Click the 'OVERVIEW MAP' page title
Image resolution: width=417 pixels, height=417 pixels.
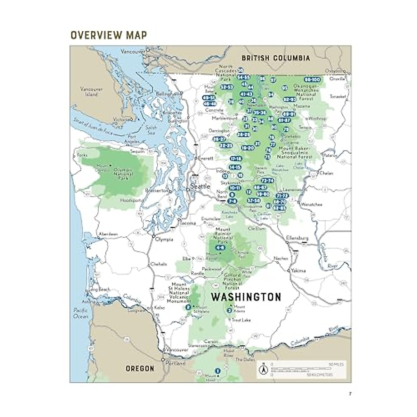pyautogui.click(x=108, y=35)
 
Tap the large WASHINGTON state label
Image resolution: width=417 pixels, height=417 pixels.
pyautogui.click(x=246, y=297)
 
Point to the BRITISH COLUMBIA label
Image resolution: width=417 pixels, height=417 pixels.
pyautogui.click(x=276, y=58)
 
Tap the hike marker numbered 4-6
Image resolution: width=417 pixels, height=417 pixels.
pyautogui.click(x=220, y=247)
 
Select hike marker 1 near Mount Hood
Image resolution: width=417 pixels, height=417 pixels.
pyautogui.click(x=218, y=371)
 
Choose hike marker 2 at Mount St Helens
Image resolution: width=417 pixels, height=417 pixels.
pyautogui.click(x=188, y=307)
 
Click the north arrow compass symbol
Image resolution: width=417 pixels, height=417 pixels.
pyautogui.click(x=263, y=369)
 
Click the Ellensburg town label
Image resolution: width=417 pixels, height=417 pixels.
pyautogui.click(x=297, y=238)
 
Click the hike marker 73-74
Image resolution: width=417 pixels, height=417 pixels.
pyautogui.click(x=267, y=181)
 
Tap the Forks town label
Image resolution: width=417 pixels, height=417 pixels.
pyautogui.click(x=82, y=155)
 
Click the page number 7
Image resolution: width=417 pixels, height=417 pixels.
pyautogui.click(x=350, y=394)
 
